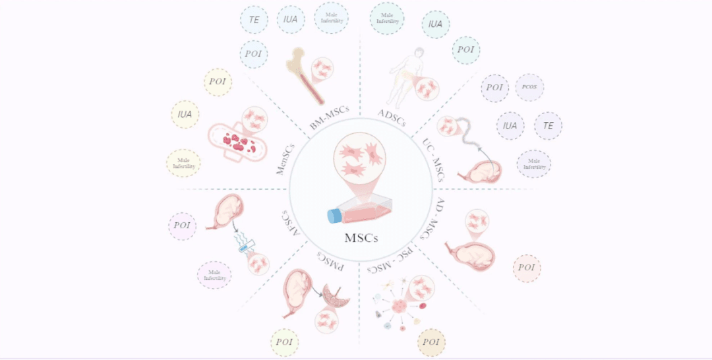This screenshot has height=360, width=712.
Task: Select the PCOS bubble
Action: tap(529, 87)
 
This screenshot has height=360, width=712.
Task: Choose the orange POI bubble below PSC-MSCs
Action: tap(431, 342)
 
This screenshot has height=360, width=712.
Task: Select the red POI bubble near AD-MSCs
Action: tap(527, 268)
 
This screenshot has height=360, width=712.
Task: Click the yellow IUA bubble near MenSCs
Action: tap(185, 114)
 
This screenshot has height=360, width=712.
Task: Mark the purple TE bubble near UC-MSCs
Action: tap(548, 125)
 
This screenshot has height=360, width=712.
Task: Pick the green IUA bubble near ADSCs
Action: tap(435, 24)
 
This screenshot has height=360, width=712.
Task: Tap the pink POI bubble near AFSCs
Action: tap(183, 225)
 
